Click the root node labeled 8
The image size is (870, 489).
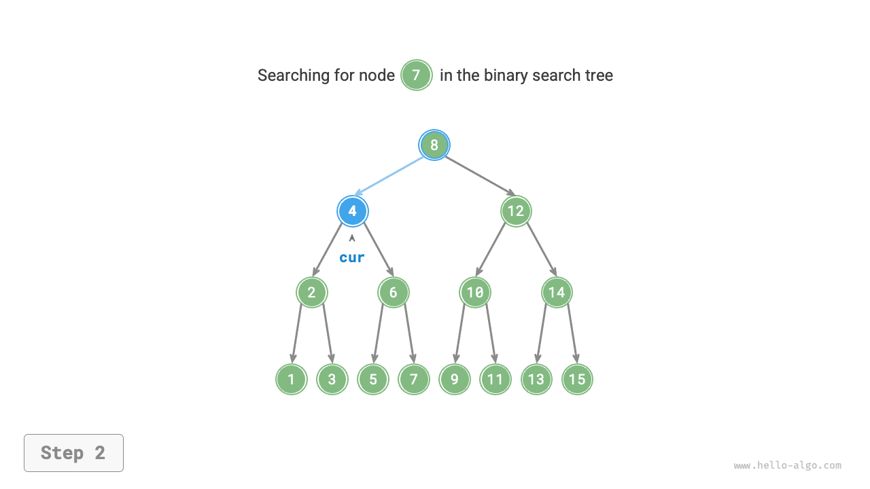[x=434, y=145]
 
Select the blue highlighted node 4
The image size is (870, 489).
[x=353, y=211]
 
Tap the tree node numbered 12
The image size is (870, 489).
[x=516, y=211]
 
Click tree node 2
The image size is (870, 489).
[x=312, y=293]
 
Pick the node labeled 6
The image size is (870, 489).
[x=394, y=293]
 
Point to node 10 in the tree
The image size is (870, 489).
[x=475, y=293]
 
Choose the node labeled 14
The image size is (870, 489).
[x=557, y=293]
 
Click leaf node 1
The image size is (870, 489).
[x=292, y=380]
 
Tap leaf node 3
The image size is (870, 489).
[x=332, y=380]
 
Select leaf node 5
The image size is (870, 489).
[x=373, y=380]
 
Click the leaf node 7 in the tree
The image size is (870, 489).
[x=414, y=380]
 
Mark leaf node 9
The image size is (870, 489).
[x=455, y=380]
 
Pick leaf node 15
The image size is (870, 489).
[x=577, y=380]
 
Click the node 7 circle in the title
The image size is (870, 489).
[x=417, y=75]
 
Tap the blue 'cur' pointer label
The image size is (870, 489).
[x=352, y=257]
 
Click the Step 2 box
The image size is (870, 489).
[x=73, y=453]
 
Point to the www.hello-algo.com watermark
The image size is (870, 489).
[x=787, y=466]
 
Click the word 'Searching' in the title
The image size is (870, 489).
[x=293, y=75]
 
